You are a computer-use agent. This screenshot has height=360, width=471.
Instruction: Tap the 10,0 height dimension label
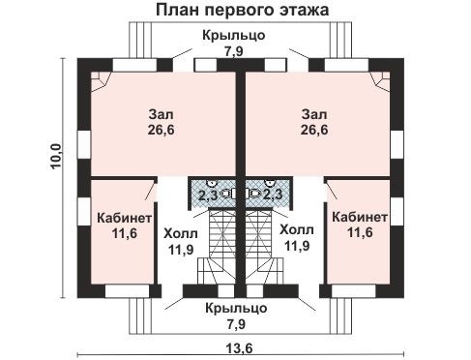(55, 156)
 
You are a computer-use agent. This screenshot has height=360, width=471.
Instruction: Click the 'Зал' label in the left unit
(162, 110)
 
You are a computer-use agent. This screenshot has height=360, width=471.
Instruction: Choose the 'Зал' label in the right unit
(313, 110)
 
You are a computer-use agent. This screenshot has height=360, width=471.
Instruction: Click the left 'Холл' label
(179, 233)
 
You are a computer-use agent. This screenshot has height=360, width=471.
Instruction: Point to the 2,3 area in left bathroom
(207, 195)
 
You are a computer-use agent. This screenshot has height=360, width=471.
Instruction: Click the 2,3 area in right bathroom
(272, 195)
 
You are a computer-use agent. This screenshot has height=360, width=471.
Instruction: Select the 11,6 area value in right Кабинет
(360, 232)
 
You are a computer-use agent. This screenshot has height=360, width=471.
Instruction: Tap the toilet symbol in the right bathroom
(255, 194)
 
